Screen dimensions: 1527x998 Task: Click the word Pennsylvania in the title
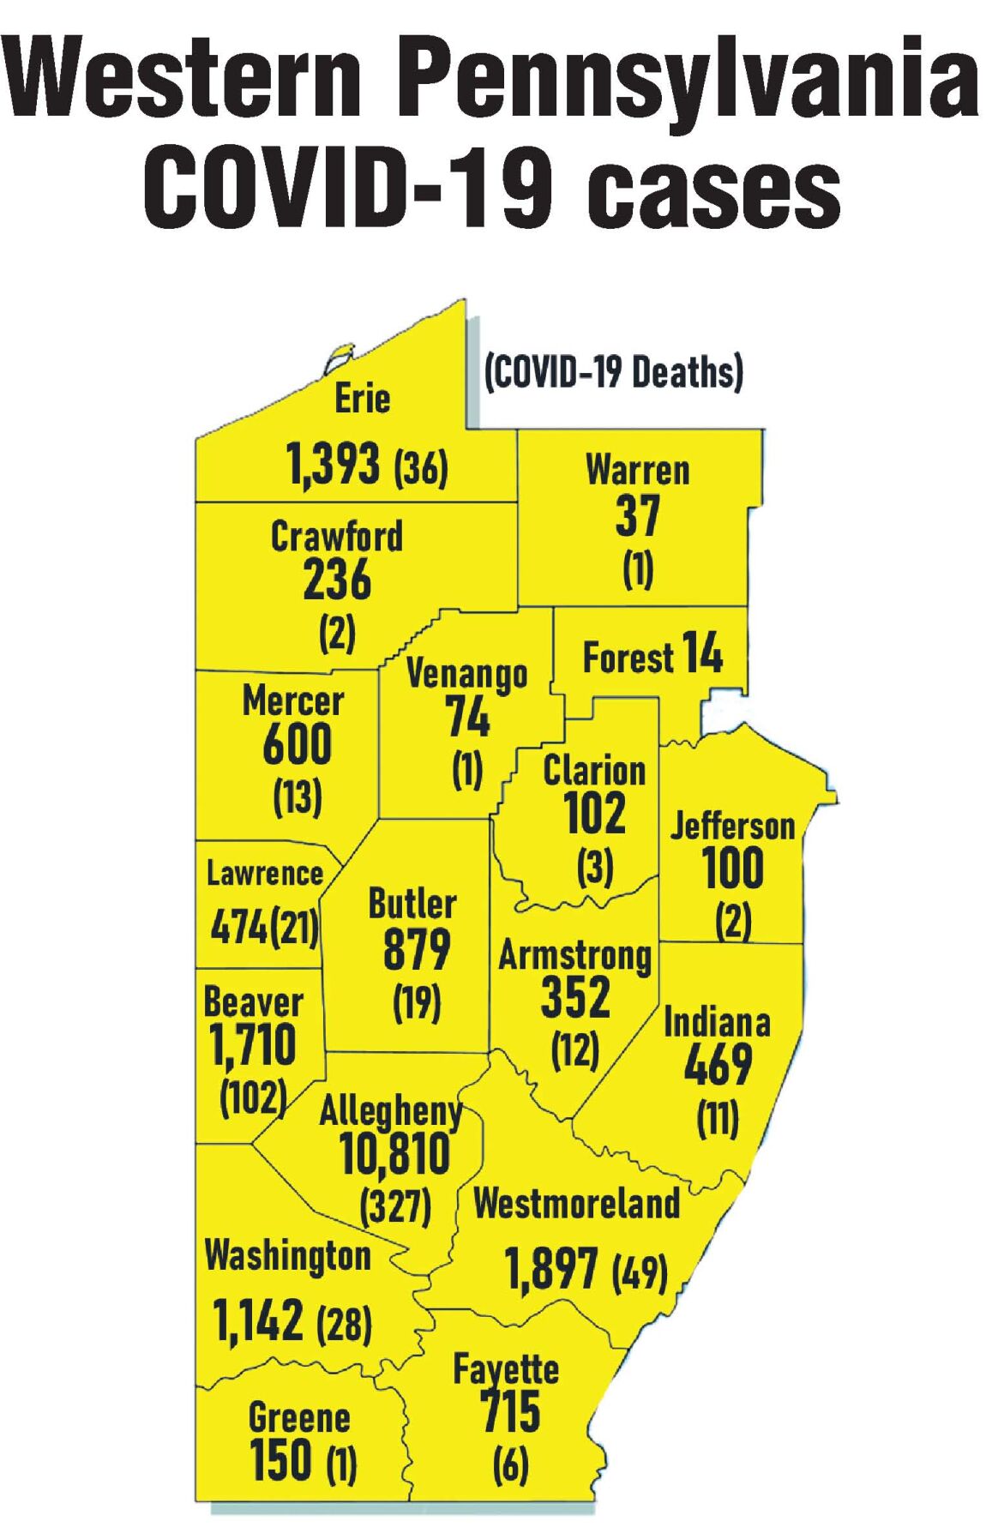click(691, 77)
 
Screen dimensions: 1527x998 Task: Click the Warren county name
click(638, 471)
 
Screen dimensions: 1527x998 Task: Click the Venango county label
click(466, 675)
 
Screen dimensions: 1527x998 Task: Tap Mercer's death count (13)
click(298, 798)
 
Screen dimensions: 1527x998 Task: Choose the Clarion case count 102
click(595, 812)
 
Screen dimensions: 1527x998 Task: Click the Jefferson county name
click(732, 827)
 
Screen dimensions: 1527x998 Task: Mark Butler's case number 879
click(417, 949)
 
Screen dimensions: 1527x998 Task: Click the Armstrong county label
click(575, 955)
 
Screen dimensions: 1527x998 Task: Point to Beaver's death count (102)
click(253, 1097)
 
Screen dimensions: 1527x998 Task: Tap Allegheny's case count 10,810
click(395, 1153)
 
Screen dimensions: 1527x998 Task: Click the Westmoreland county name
click(576, 1204)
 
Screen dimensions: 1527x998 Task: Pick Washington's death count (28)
click(344, 1325)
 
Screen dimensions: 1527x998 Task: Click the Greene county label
click(299, 1418)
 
